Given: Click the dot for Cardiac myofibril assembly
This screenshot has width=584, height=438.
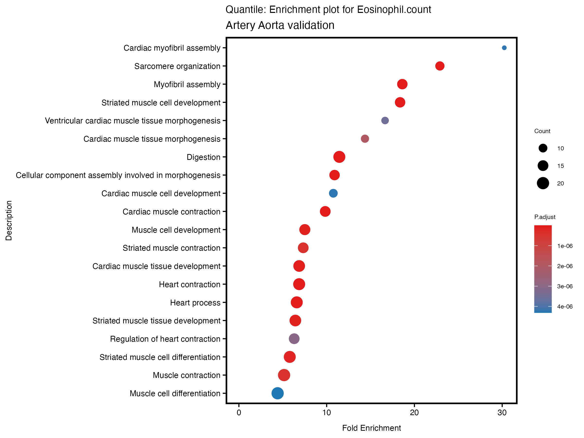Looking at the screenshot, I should click(x=504, y=48).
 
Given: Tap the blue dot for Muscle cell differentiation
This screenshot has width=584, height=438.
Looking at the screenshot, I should click(x=277, y=393).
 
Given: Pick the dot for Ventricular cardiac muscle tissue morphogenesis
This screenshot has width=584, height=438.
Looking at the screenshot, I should click(x=385, y=120).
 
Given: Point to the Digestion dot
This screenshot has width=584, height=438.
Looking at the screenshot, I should click(x=339, y=157).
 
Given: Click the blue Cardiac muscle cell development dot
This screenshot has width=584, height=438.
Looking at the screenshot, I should click(x=333, y=193).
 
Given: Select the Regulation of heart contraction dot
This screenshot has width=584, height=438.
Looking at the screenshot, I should click(x=294, y=339).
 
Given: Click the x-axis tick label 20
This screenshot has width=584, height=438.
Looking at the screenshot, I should click(x=414, y=413).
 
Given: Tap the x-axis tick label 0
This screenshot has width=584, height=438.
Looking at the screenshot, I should click(x=239, y=413).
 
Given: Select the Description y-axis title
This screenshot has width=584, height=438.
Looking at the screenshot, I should click(x=9, y=220).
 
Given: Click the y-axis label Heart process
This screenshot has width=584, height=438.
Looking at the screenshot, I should click(x=195, y=302).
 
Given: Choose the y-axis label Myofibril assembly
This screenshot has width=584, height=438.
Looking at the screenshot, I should click(x=187, y=84).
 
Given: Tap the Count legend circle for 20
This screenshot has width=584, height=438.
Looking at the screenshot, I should click(x=543, y=183).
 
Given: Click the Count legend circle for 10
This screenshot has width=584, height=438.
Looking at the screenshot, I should click(x=543, y=148).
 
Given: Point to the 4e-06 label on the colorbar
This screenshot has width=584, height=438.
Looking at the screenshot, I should click(x=565, y=307).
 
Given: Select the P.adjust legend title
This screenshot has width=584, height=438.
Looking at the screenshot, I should click(x=545, y=217).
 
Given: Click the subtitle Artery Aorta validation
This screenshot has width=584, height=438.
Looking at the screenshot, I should click(x=280, y=25).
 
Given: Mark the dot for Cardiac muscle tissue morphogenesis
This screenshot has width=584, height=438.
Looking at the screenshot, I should click(x=365, y=139).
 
